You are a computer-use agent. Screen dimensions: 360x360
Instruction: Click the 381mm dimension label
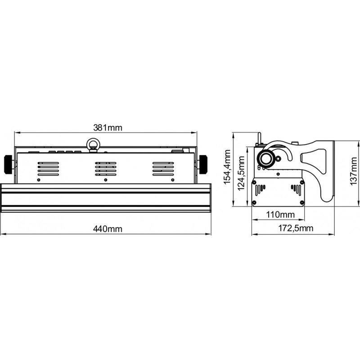point(108,128)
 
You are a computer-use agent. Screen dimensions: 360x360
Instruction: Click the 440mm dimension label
point(108,229)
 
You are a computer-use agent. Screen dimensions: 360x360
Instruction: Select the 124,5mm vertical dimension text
point(241,173)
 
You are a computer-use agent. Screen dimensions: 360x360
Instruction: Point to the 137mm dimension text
point(354,171)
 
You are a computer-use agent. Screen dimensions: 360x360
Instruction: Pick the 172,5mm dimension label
point(296,228)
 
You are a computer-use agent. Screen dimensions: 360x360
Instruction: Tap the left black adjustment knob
point(8,164)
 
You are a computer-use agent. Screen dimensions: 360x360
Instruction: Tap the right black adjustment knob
point(203,164)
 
